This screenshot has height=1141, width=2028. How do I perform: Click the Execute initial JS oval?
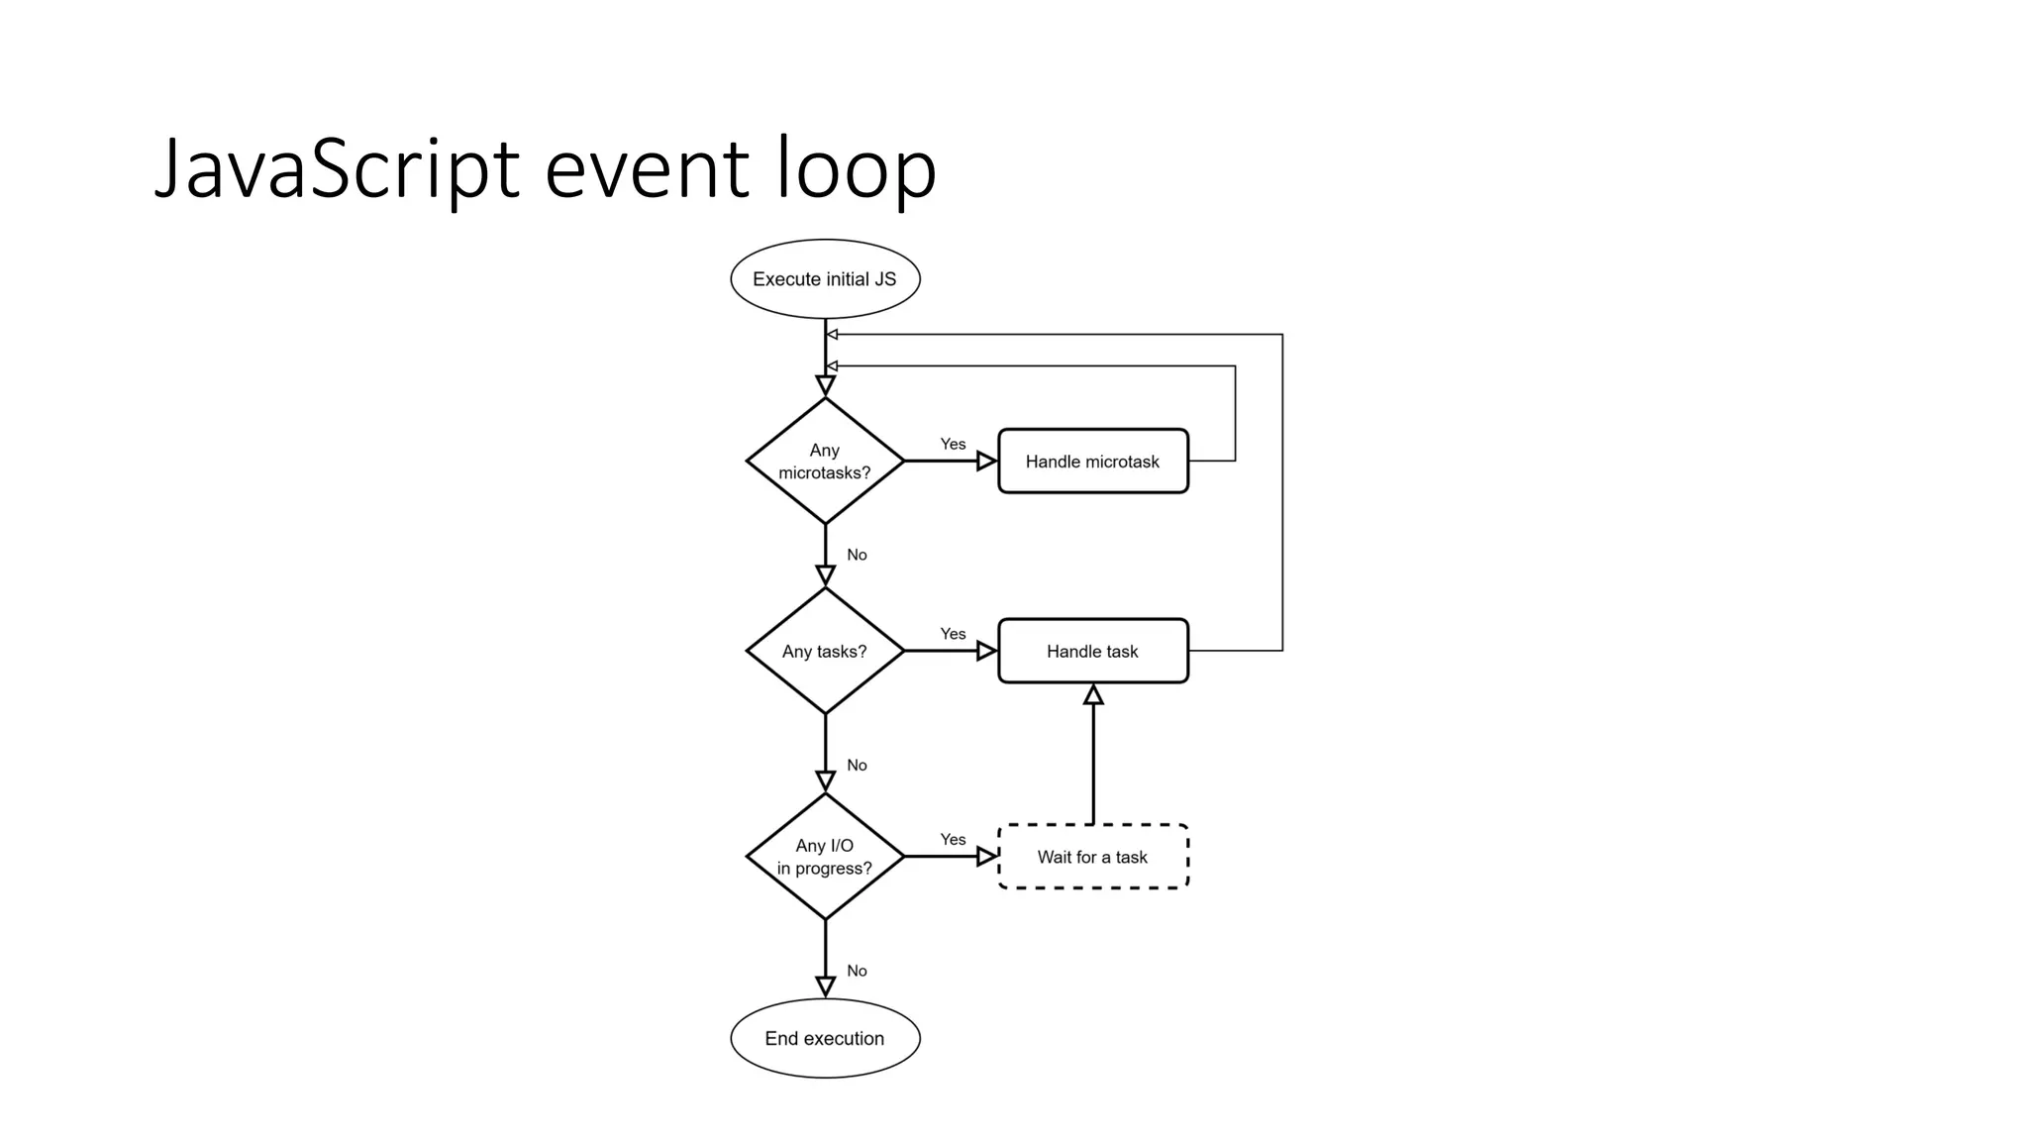[825, 279]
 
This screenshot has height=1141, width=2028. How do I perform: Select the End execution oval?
[825, 1038]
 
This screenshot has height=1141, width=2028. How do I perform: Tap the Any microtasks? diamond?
[825, 461]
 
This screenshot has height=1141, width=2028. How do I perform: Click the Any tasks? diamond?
[825, 651]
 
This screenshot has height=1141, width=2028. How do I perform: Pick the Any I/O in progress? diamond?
[825, 857]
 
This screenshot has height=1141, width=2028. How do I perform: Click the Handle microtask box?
[1092, 461]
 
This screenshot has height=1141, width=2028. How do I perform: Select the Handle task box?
[1092, 651]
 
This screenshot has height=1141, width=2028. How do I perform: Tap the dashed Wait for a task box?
[1092, 857]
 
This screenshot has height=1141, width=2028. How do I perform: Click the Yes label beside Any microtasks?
[953, 444]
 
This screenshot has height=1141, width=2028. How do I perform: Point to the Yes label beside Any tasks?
[953, 634]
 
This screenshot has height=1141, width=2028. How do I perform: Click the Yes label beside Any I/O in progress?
[953, 840]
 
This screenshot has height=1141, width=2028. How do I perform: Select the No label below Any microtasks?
[857, 555]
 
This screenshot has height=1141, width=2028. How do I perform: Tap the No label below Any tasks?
[857, 765]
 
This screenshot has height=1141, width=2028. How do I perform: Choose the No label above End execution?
[857, 971]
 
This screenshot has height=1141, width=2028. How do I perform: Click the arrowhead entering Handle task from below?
[1093, 695]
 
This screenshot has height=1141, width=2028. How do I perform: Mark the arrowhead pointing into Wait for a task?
[986, 857]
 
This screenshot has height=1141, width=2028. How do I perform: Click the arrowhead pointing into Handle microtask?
[986, 461]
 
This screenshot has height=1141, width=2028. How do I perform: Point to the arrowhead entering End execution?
[825, 986]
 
